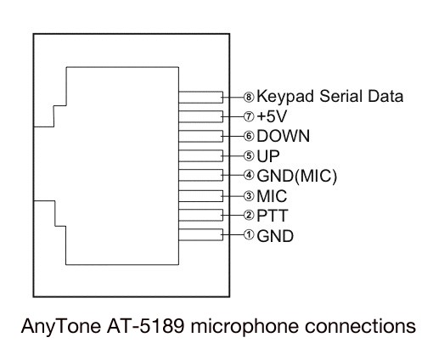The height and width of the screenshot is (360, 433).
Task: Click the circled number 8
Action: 249,97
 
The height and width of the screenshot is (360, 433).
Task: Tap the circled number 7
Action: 249,116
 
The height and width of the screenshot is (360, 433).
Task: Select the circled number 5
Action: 249,155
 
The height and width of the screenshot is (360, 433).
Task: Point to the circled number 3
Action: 249,195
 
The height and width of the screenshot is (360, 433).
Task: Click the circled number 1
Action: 249,234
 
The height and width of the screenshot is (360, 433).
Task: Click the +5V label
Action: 272,116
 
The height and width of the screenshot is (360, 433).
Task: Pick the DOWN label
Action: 283,136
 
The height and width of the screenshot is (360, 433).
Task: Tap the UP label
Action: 268,156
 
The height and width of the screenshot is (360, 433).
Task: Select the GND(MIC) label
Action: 297,176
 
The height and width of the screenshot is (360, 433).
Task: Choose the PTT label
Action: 273,216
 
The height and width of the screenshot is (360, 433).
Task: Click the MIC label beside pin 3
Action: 272,196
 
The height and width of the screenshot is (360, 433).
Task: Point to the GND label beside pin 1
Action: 275,236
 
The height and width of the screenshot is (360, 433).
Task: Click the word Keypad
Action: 285,97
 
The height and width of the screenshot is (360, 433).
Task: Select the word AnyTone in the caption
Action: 61,327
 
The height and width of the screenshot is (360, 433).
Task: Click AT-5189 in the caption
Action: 145,326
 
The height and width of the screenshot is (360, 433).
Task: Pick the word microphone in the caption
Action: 245,327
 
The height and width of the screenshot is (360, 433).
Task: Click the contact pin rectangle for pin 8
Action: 200,97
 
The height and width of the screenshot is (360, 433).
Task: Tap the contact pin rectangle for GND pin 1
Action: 200,234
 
